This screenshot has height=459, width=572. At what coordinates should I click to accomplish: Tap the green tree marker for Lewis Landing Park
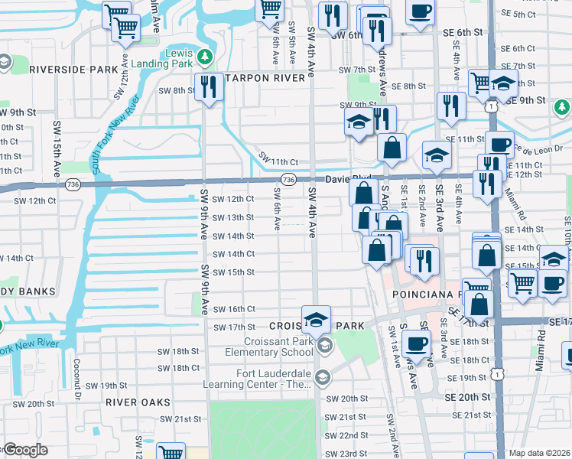tap(204, 56)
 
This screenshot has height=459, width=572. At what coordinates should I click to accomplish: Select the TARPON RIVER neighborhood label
tap(263, 78)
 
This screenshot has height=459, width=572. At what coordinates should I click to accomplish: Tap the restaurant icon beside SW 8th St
tap(206, 86)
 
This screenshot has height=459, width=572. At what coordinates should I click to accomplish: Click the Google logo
tap(25, 450)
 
